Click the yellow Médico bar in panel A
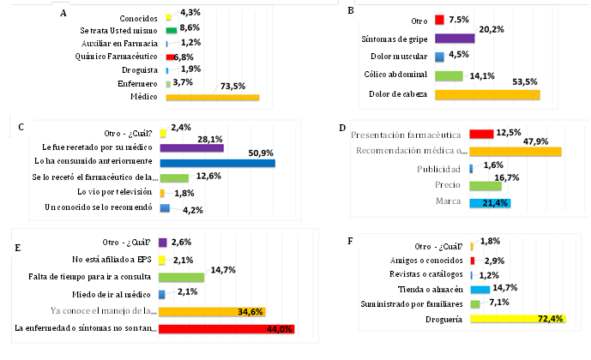coord(212,99)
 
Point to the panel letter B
coord(349,11)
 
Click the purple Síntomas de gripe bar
coord(455,39)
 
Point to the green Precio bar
coord(485,185)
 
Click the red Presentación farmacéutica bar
coord(481,135)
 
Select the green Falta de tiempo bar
coord(181,277)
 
